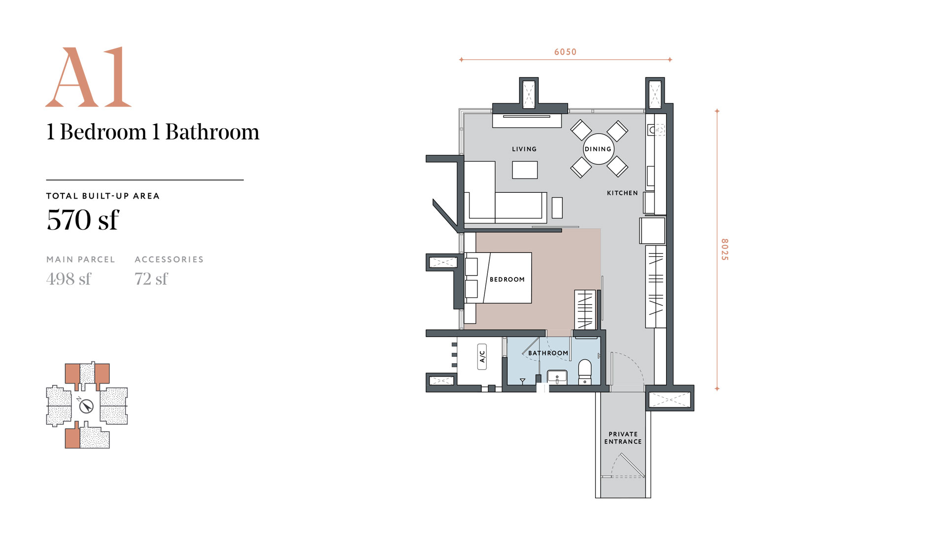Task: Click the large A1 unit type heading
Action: tap(89, 77)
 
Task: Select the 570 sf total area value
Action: tap(83, 220)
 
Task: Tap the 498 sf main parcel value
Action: tap(68, 279)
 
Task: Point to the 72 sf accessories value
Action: tap(151, 279)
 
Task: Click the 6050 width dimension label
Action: tap(565, 52)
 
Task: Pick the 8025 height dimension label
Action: tap(724, 249)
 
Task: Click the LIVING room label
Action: tap(524, 149)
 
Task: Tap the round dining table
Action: tap(598, 149)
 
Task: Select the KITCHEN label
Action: tap(622, 193)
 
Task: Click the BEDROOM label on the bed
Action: tap(507, 279)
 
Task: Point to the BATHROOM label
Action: tap(548, 353)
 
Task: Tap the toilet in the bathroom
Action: tap(585, 372)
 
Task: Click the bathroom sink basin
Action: tap(557, 377)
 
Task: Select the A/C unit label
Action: tap(482, 356)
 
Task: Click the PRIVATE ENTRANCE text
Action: tap(623, 438)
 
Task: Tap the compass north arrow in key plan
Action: tap(87, 406)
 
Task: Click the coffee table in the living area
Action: tap(525, 170)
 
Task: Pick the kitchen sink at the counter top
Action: tap(656, 130)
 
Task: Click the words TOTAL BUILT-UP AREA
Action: tap(103, 196)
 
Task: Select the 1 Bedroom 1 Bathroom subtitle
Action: tap(153, 132)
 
